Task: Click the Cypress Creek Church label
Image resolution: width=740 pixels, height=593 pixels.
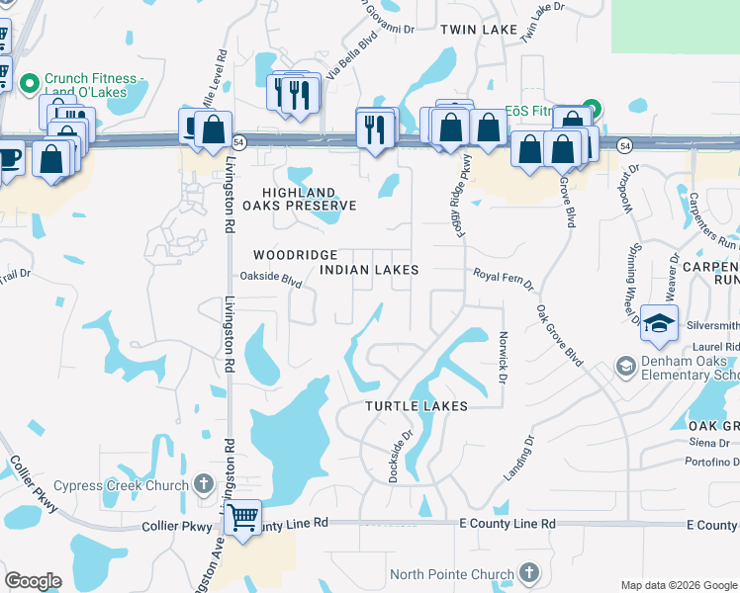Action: [121, 485]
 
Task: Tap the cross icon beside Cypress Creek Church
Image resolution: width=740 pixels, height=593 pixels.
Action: [204, 484]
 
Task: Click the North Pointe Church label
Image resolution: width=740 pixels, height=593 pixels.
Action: [452, 574]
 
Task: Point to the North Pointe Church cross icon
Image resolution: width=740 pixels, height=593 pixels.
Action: [529, 573]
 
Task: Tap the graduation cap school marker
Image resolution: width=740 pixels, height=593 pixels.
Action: [659, 322]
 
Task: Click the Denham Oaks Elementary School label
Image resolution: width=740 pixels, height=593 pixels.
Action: [688, 369]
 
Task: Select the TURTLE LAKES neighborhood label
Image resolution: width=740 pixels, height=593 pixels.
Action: [416, 406]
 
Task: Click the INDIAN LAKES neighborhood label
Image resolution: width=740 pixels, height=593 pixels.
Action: [369, 270]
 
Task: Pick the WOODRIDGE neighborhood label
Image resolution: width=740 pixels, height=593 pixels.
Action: [295, 255]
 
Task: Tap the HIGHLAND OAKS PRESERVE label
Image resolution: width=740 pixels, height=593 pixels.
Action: [309, 199]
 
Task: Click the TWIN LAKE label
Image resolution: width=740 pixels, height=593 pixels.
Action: [480, 31]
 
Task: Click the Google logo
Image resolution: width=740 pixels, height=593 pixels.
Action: [33, 581]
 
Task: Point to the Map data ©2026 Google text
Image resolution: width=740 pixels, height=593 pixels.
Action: [678, 585]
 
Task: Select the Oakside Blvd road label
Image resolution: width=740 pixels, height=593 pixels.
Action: [271, 280]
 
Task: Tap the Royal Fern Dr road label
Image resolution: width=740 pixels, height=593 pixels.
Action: [504, 280]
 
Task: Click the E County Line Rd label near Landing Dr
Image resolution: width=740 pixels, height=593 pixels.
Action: [508, 523]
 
